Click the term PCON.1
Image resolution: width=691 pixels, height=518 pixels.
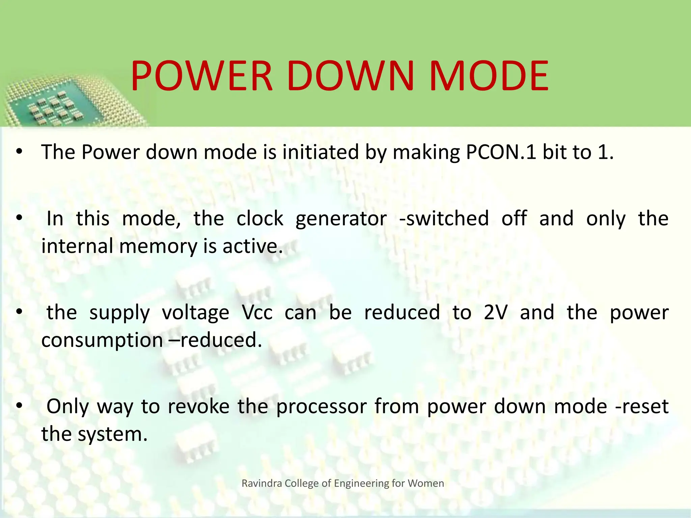pyautogui.click(x=501, y=152)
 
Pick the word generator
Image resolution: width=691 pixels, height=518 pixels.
pyautogui.click(x=341, y=219)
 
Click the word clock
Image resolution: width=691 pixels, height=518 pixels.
pyautogui.click(x=260, y=219)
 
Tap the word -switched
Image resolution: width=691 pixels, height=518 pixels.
pyautogui.click(x=444, y=219)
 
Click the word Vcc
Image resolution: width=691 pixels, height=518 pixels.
pyautogui.click(x=257, y=313)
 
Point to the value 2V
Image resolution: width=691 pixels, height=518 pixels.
pyautogui.click(x=496, y=313)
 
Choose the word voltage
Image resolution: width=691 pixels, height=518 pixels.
pyautogui.click(x=196, y=313)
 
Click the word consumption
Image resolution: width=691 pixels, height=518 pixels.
pyautogui.click(x=102, y=340)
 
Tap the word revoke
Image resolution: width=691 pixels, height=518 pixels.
pyautogui.click(x=199, y=406)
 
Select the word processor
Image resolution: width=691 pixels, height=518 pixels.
pyautogui.click(x=322, y=406)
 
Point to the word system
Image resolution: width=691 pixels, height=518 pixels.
pyautogui.click(x=113, y=434)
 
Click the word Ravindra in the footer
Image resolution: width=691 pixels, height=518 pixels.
pyautogui.click(x=262, y=483)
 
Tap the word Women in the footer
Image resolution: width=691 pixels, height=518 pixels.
pyautogui.click(x=426, y=483)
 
